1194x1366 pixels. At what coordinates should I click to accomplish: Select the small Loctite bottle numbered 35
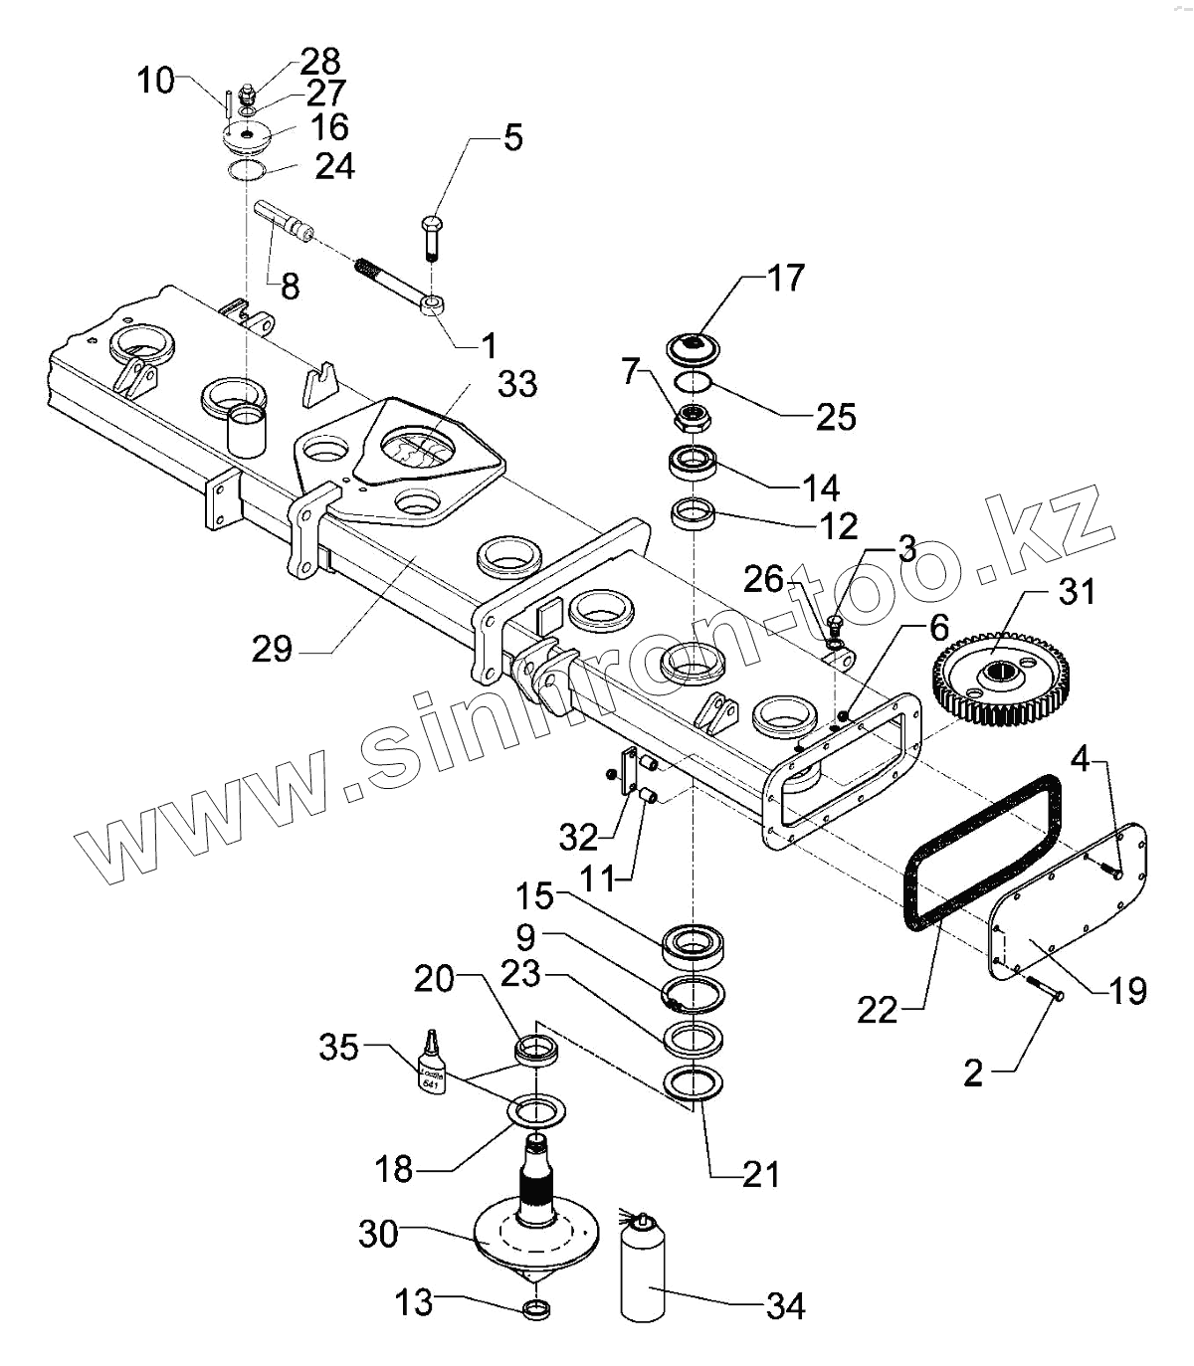coord(430,1066)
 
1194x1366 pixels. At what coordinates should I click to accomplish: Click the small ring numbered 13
coord(536,1308)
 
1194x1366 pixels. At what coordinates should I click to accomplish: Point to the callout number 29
coord(272,650)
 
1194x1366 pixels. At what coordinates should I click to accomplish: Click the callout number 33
coord(517,383)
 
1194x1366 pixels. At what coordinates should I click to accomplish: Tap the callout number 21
coord(761,1174)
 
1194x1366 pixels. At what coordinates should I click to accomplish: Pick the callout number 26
coord(764,579)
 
